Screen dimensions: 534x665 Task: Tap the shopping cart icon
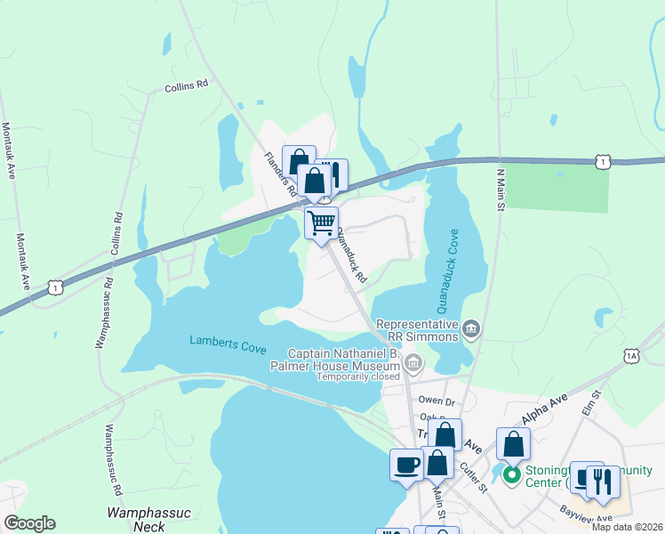[321, 222]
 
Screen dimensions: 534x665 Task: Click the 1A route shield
[631, 355]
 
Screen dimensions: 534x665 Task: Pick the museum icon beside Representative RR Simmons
[472, 330]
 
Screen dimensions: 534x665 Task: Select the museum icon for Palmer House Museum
[413, 362]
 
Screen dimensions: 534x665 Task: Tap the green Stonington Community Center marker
[511, 474]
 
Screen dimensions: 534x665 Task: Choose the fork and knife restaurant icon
[604, 481]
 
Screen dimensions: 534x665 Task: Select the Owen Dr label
[437, 401]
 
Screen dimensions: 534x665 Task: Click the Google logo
[29, 523]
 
